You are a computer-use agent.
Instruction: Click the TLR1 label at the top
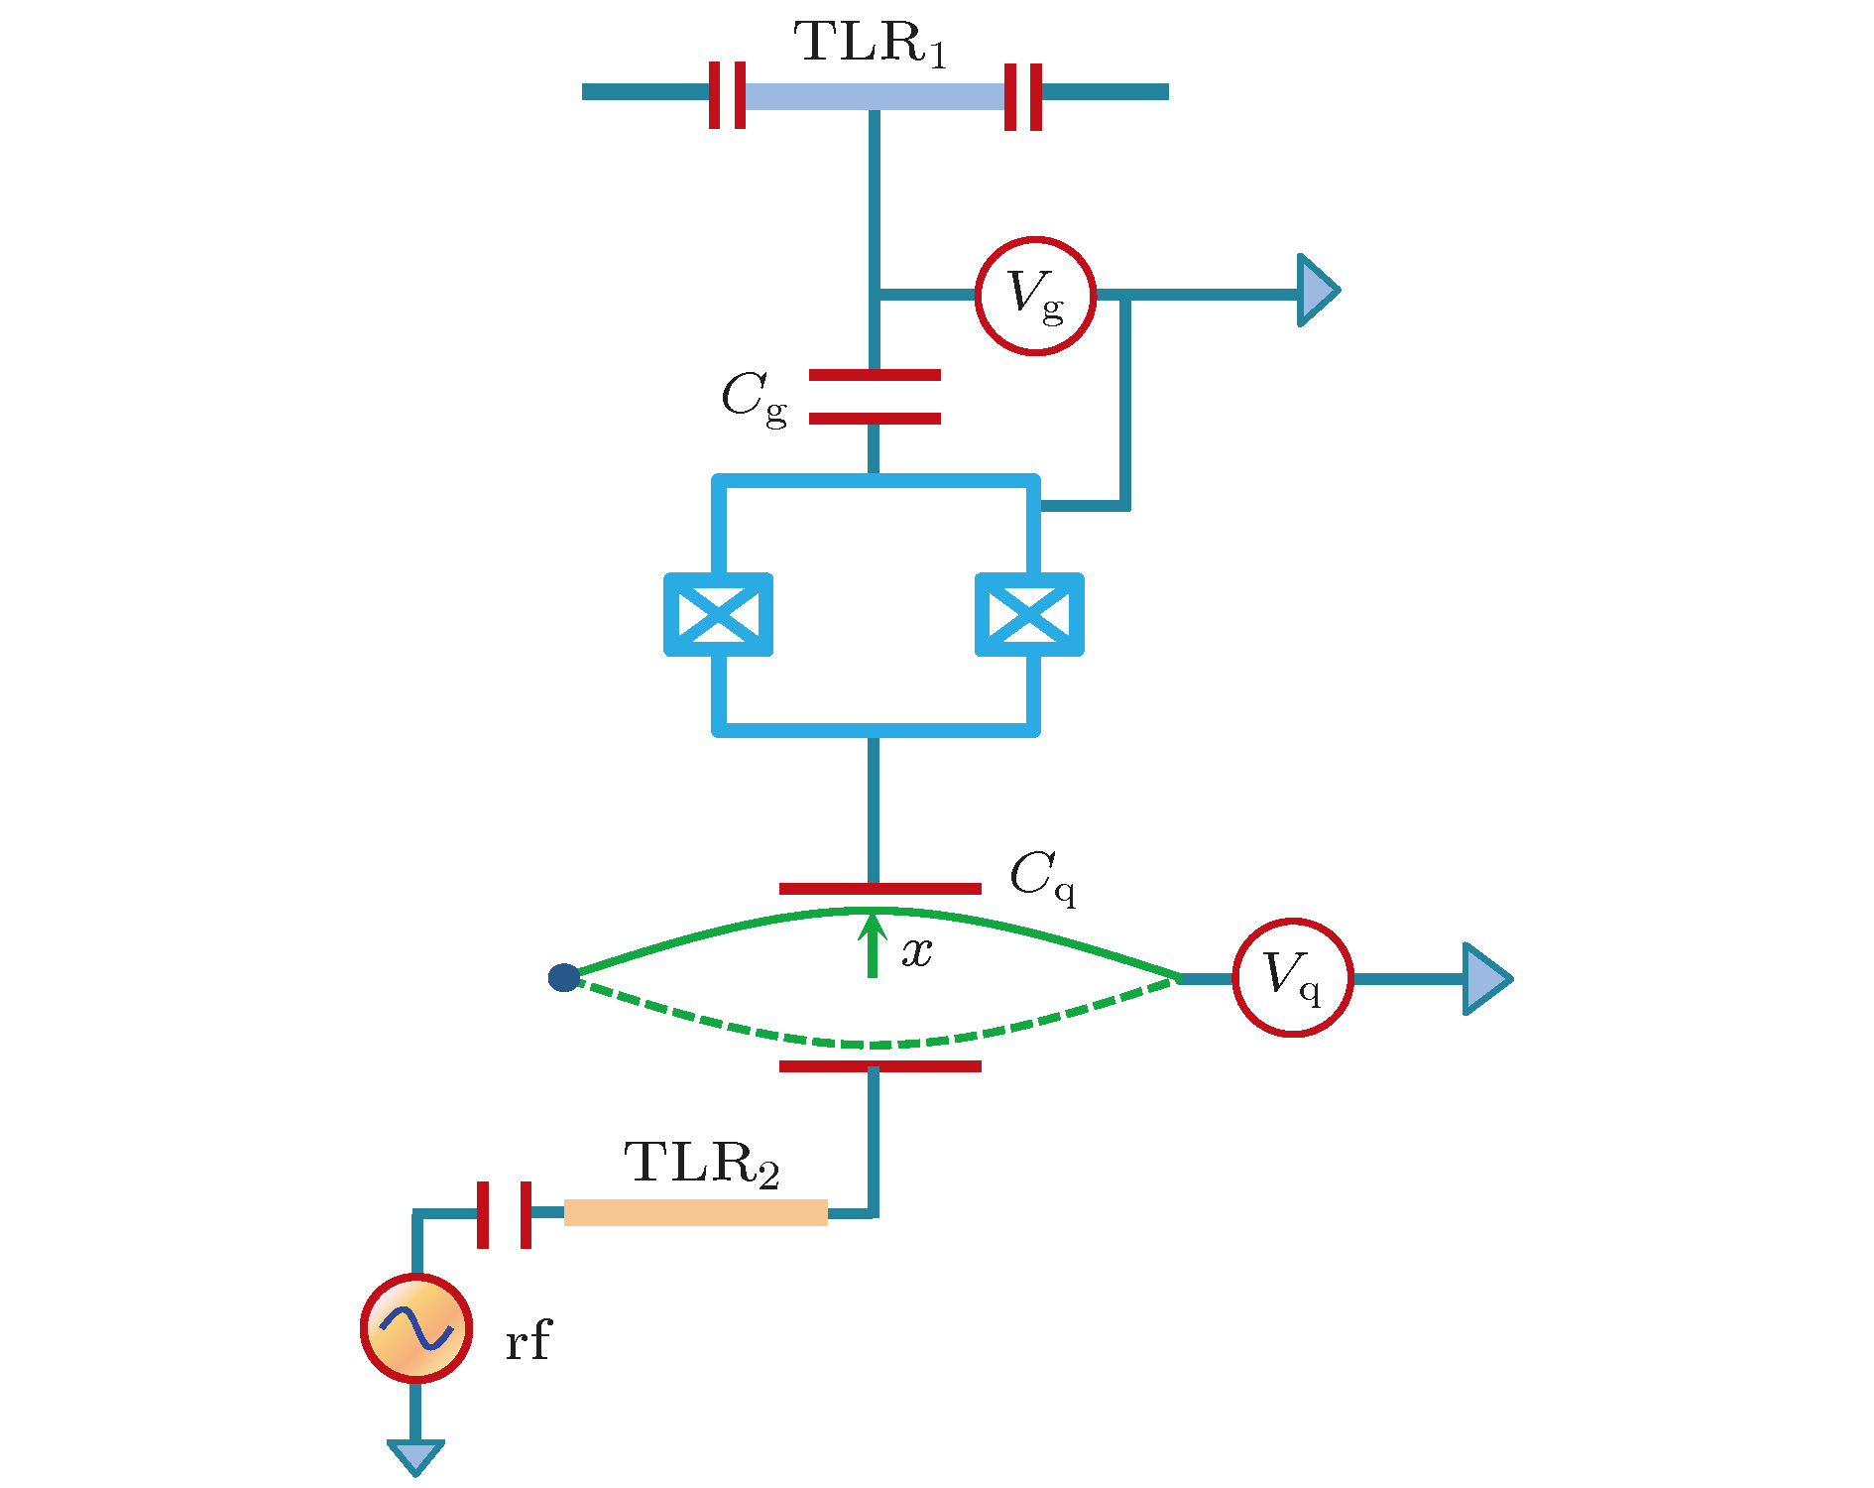[x=870, y=44]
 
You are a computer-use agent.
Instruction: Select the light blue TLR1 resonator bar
[x=874, y=95]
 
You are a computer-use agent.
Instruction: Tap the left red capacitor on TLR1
[x=727, y=95]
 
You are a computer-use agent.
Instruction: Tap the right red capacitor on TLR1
[x=1023, y=97]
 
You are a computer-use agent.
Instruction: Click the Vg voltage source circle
[x=1035, y=296]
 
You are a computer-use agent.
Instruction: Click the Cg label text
[x=755, y=398]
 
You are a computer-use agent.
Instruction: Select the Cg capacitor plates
[x=875, y=397]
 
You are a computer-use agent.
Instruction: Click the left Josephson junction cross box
[x=718, y=614]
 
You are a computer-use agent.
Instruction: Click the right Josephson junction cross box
[x=1029, y=614]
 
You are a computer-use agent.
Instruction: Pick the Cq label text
[x=1042, y=878]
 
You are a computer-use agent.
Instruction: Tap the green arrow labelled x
[x=873, y=945]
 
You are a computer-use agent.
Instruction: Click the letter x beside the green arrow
[x=917, y=952]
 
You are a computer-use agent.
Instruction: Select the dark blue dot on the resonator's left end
[x=563, y=978]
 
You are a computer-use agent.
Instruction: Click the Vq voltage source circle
[x=1293, y=978]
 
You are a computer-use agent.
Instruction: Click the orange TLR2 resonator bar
[x=696, y=1212]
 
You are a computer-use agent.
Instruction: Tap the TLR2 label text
[x=702, y=1164]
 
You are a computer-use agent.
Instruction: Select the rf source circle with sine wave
[x=415, y=1328]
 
